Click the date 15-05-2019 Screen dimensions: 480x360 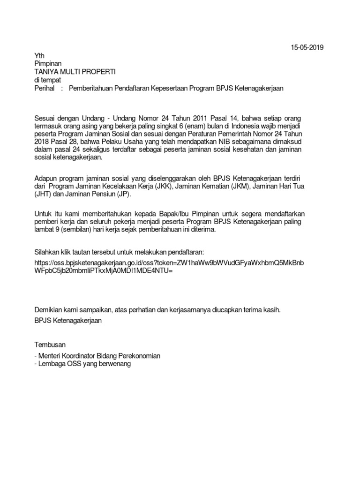pyautogui.click(x=307, y=47)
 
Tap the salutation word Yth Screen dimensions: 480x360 pyautogui.click(x=41, y=55)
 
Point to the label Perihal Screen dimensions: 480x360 pyautogui.click(x=45, y=88)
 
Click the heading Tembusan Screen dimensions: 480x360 pyautogui.click(x=51, y=343)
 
